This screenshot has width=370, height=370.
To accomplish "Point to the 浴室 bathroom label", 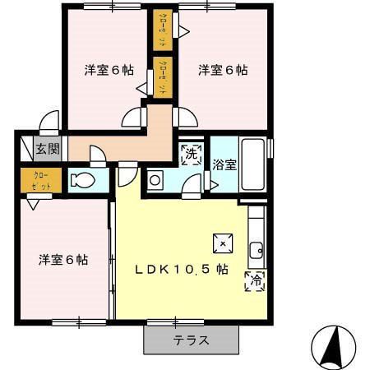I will (x=224, y=164).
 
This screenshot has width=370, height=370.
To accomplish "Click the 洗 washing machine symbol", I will (x=191, y=153).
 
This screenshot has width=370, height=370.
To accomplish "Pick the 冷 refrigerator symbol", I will (x=254, y=280).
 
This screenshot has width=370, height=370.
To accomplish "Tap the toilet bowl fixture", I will (x=82, y=180).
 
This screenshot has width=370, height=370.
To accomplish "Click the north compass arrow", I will (x=336, y=345).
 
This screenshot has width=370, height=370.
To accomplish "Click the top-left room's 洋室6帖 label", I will (x=109, y=70).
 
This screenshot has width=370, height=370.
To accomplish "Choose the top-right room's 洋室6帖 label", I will (x=222, y=70).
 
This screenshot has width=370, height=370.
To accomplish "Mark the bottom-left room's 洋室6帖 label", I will (x=63, y=260).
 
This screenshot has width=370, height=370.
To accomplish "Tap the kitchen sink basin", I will (x=256, y=246).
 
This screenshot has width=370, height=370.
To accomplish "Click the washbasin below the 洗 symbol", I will (x=155, y=180).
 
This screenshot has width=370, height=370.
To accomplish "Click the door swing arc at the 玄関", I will (x=49, y=120).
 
